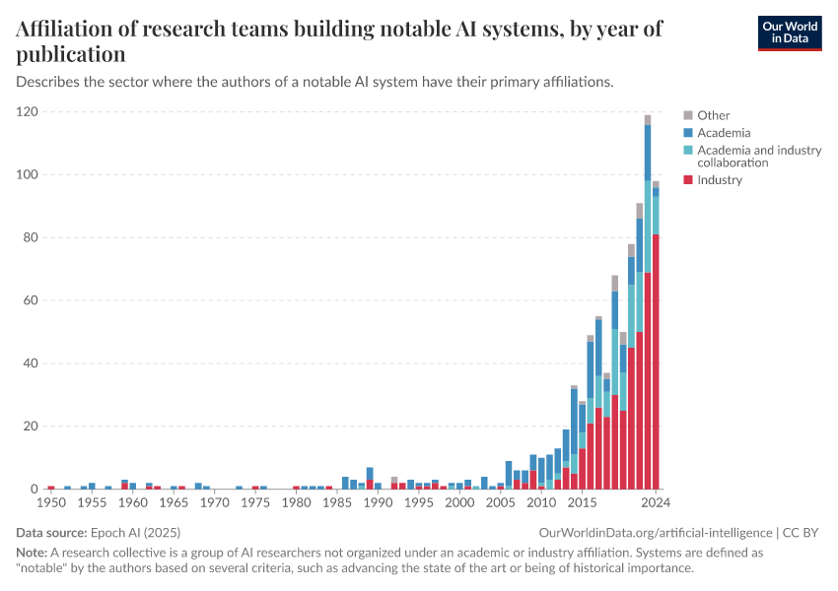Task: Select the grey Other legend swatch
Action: point(688,115)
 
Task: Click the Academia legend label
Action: point(724,133)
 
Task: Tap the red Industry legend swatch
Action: point(688,180)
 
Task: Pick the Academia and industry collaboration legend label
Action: point(758,156)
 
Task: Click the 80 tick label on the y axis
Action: point(30,237)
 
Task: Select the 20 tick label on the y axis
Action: point(30,427)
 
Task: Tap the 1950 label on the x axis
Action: point(50,503)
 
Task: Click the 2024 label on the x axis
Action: point(655,503)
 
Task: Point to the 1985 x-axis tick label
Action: point(337,503)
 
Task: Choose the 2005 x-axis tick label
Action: point(501,503)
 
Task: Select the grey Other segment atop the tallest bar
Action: point(648,120)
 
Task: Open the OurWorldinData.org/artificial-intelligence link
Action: point(651,533)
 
